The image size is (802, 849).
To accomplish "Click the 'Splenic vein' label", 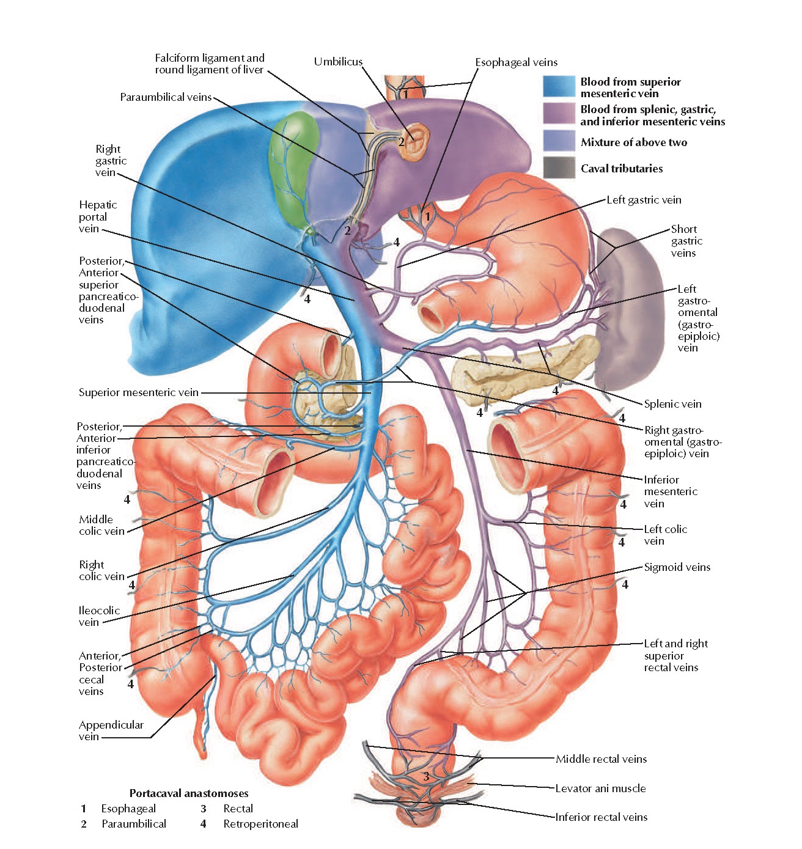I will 672,404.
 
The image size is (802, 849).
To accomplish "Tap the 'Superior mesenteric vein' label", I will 138,392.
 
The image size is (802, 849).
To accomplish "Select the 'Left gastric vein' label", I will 644,200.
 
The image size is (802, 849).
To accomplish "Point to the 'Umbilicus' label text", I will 338,62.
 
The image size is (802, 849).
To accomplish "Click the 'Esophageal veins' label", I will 516,62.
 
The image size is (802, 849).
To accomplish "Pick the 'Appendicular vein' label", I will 111,730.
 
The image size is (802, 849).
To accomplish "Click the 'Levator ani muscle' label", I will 600,788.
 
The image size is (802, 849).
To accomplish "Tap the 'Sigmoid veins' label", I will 677,567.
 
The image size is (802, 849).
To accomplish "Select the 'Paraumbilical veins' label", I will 166,97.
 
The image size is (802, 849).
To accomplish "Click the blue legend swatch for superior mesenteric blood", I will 559,86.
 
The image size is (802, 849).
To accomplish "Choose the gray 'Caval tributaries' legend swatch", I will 559,167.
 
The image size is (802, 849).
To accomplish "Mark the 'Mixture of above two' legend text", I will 633,142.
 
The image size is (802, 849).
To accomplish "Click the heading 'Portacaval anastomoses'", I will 189,793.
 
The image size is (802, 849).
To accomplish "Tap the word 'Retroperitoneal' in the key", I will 260,824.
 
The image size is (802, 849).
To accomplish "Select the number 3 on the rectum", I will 426,777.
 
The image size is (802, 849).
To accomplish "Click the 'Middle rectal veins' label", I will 601,759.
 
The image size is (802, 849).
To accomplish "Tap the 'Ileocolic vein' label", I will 99,616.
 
